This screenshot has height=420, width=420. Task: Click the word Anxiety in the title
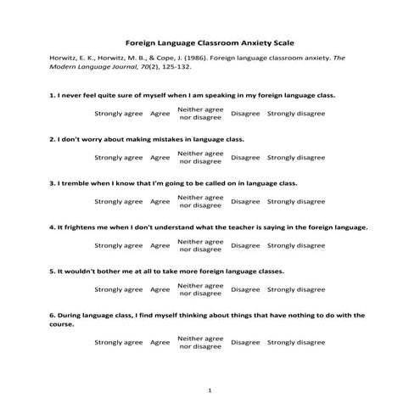pos(244,41)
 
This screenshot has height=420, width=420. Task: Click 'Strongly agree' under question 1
pos(118,113)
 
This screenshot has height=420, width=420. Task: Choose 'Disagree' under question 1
pos(245,113)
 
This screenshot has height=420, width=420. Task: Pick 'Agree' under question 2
pos(160,157)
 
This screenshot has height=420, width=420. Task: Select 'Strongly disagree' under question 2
pos(296,157)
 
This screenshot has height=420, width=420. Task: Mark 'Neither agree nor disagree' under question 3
pos(201,201)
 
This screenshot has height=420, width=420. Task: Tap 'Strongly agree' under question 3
pos(118,201)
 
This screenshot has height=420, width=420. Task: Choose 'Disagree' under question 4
pos(245,245)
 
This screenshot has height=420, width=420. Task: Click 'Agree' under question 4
pos(160,245)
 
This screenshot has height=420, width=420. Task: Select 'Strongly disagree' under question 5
pos(296,289)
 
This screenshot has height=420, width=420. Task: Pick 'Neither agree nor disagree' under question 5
pos(201,289)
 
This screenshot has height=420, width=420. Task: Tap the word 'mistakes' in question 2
pos(171,138)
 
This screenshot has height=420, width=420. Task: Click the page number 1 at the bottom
pos(210,390)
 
